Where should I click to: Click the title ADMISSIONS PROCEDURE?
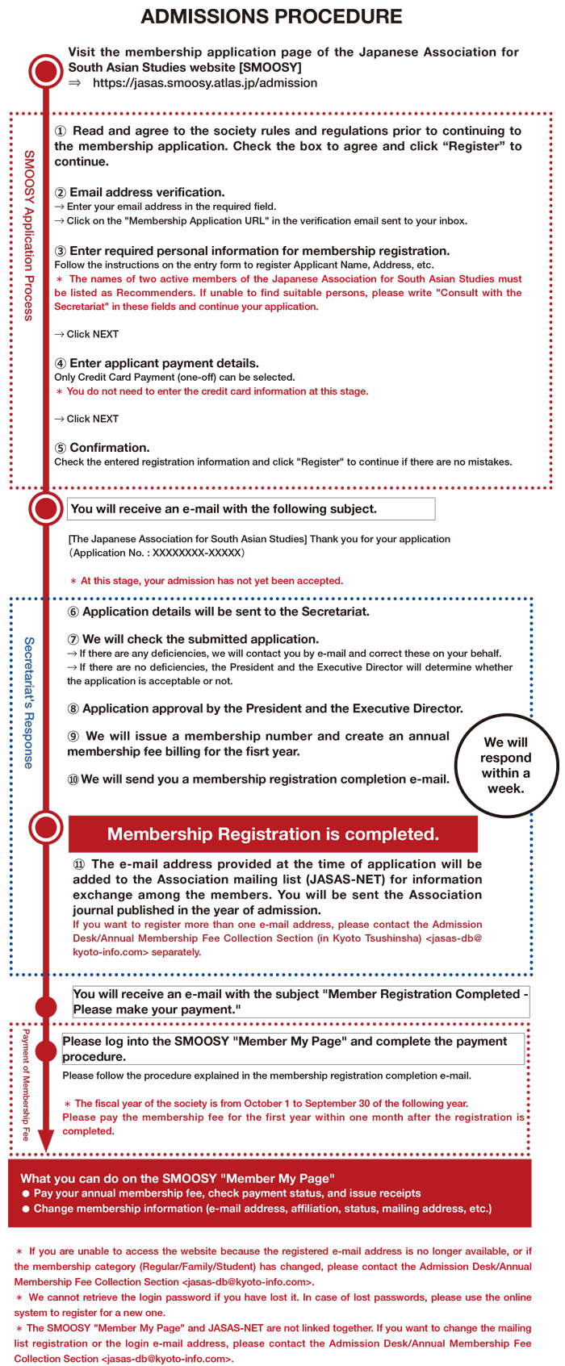(271, 17)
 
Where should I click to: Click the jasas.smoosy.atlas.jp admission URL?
(205, 83)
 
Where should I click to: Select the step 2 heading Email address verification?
(147, 192)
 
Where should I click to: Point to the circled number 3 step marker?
(61, 251)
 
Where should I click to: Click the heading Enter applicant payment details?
(164, 363)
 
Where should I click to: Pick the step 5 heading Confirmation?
(109, 448)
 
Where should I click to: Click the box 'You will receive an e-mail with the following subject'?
(252, 509)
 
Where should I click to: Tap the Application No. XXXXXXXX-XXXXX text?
(157, 553)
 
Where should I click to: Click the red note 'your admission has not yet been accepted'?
(211, 580)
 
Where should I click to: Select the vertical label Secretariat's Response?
(29, 702)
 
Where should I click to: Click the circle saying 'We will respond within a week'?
(506, 765)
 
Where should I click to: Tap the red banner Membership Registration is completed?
(273, 834)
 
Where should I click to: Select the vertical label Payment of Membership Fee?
(26, 1084)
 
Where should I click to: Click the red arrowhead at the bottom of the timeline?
(46, 1140)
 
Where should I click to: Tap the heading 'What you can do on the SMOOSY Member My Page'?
(178, 1178)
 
